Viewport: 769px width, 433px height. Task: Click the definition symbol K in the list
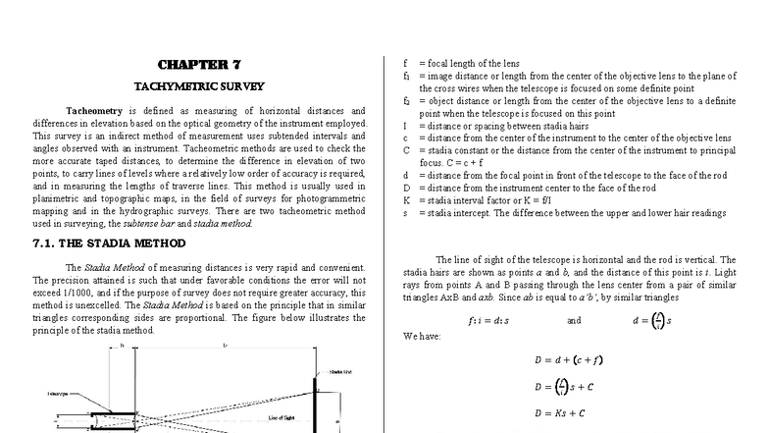click(x=406, y=199)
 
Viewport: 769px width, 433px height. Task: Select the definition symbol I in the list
click(x=405, y=126)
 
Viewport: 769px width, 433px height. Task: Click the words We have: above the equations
click(x=423, y=336)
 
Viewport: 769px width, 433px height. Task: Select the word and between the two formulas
click(x=574, y=320)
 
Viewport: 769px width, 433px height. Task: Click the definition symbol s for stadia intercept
click(x=405, y=212)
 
